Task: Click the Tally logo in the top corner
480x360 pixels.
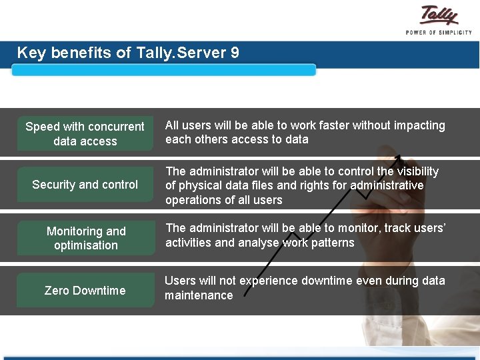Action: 439,16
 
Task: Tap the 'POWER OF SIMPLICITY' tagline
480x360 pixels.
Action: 439,32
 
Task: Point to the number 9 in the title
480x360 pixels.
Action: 235,53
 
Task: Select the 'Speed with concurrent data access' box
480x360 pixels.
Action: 85,133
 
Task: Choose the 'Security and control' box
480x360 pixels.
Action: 85,185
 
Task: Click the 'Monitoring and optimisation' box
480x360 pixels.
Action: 85,238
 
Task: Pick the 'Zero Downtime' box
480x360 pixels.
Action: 85,290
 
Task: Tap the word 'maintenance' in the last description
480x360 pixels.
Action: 199,295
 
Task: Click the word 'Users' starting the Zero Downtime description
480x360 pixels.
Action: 181,281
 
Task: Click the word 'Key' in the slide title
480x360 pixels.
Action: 31,53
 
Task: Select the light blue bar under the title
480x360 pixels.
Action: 163,70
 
